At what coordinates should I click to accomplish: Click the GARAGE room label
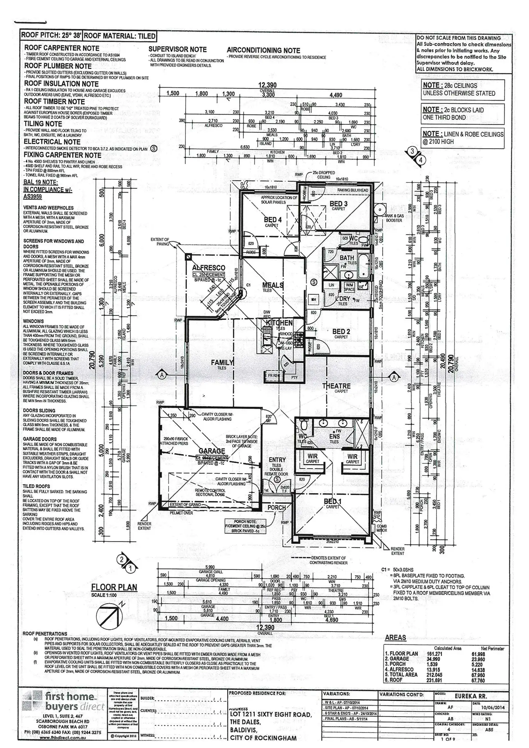pos(212,451)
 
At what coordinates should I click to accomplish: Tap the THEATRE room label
pos(336,386)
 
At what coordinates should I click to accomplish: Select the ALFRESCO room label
pos(208,268)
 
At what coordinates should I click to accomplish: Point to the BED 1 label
pos(332,501)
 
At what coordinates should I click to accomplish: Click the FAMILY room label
pos(222,363)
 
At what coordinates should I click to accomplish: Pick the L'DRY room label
pos(342,299)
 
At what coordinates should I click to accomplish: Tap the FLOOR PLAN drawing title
pos(114,587)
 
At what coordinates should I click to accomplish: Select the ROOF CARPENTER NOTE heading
pos(61,48)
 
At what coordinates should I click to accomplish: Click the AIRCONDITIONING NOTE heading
pos(263,50)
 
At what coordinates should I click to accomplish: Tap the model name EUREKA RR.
pos(471,696)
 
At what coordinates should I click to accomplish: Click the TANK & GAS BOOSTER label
pos(394,218)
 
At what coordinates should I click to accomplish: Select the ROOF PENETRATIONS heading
pos(45,633)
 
